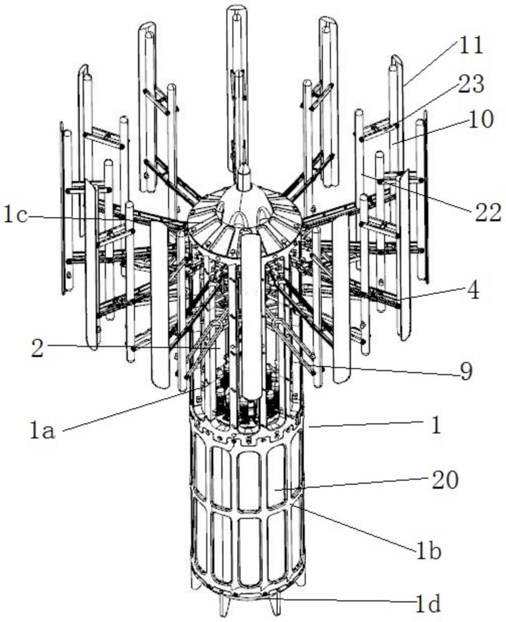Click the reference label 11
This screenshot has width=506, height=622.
(471, 45)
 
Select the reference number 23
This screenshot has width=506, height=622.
(471, 84)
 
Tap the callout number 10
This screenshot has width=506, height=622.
(481, 119)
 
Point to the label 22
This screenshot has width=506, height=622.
(487, 213)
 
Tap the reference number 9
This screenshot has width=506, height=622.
(466, 371)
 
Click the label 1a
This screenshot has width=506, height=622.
(42, 431)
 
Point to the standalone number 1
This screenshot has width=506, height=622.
(436, 425)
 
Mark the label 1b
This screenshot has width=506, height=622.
(428, 551)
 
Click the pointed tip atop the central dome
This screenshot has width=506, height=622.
(244, 167)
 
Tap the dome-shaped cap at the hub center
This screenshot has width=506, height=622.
(244, 207)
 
